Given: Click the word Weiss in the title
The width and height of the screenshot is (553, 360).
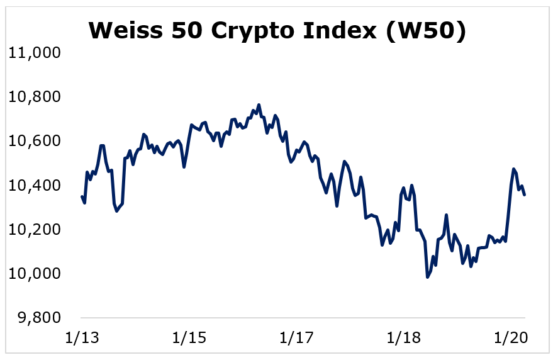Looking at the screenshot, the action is pyautogui.click(x=126, y=30).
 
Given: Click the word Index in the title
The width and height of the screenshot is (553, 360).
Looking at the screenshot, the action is pyautogui.click(x=339, y=30).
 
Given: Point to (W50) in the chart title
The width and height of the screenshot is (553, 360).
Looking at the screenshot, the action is pyautogui.click(x=426, y=31).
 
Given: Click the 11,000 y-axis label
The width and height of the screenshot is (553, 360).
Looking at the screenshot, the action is pyautogui.click(x=34, y=53).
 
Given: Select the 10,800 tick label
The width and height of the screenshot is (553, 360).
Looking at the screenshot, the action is pyautogui.click(x=34, y=97).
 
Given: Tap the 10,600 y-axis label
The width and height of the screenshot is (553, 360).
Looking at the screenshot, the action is pyautogui.click(x=34, y=141).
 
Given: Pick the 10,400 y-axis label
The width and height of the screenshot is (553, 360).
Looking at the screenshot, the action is pyautogui.click(x=34, y=185).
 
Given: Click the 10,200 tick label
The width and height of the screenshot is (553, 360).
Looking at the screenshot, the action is pyautogui.click(x=34, y=230).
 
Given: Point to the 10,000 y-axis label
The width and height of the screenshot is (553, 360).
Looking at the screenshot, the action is pyautogui.click(x=34, y=274).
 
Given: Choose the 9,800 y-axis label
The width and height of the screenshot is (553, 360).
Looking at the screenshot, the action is pyautogui.click(x=40, y=318).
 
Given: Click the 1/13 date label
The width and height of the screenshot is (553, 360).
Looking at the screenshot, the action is pyautogui.click(x=82, y=338).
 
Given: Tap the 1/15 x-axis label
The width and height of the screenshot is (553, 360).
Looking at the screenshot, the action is pyautogui.click(x=189, y=338).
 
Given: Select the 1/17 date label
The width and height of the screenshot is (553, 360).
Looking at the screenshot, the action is pyautogui.click(x=296, y=338).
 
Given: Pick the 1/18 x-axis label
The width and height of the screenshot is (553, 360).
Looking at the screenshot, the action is pyautogui.click(x=404, y=338).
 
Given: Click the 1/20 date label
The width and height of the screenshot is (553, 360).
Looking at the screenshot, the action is pyautogui.click(x=511, y=338).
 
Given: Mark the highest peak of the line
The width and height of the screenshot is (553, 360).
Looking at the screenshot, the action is pyautogui.click(x=259, y=104).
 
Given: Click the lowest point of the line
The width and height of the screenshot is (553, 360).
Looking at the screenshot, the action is pyautogui.click(x=427, y=278).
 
